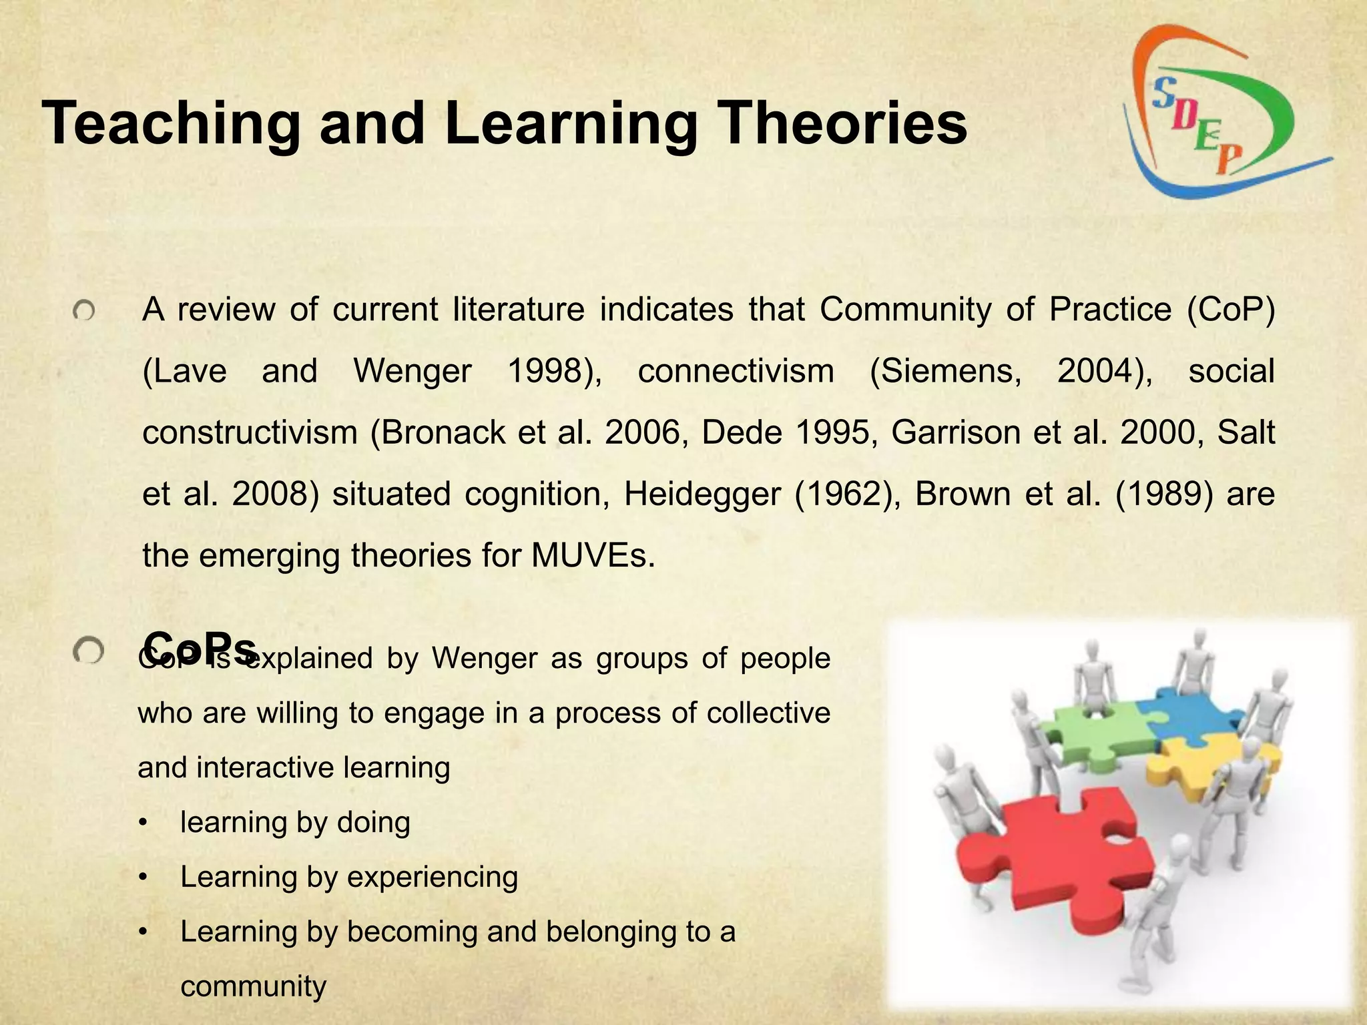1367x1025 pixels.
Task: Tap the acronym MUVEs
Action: tap(593, 556)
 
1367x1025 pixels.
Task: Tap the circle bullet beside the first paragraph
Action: tap(85, 311)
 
